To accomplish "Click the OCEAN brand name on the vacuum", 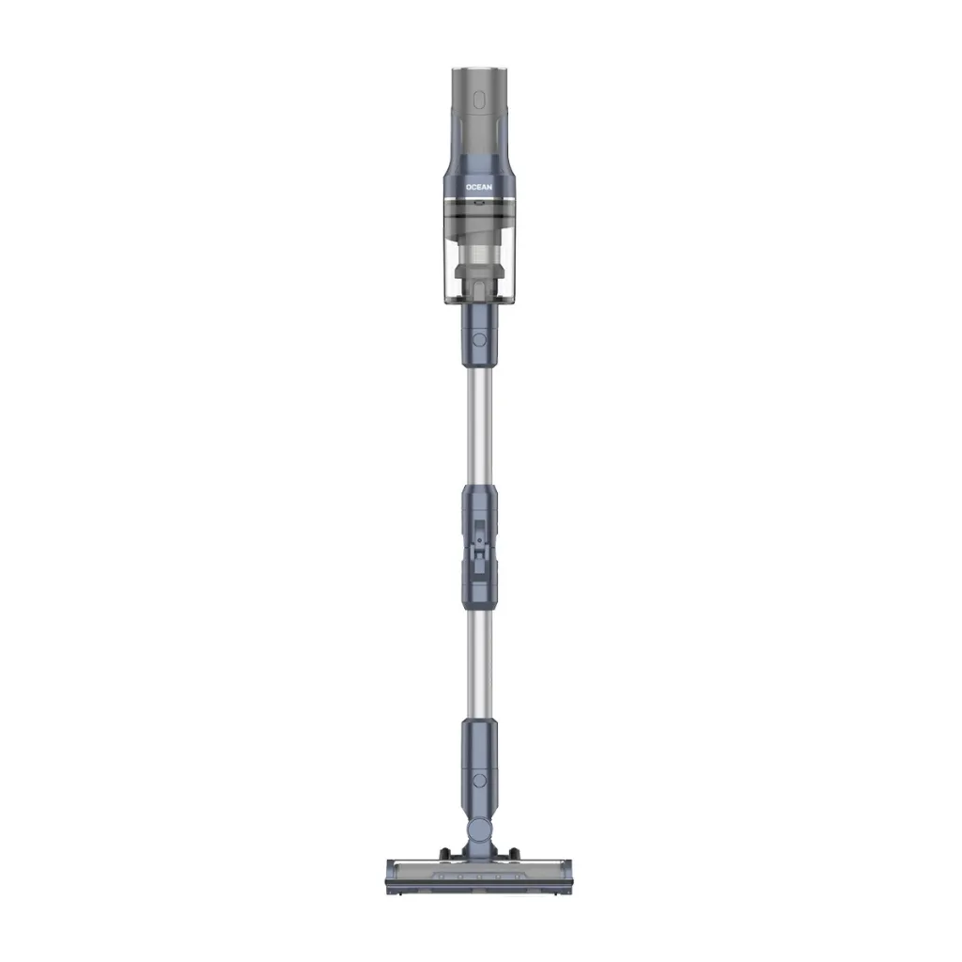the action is click(x=478, y=187).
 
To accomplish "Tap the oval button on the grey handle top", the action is click(x=479, y=100).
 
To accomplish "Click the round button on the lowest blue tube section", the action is click(x=480, y=781).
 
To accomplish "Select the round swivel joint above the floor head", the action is click(x=478, y=830).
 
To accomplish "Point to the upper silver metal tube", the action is click(x=479, y=426).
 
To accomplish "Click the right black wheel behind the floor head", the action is click(x=514, y=853).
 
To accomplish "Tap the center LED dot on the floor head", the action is click(x=478, y=877).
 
